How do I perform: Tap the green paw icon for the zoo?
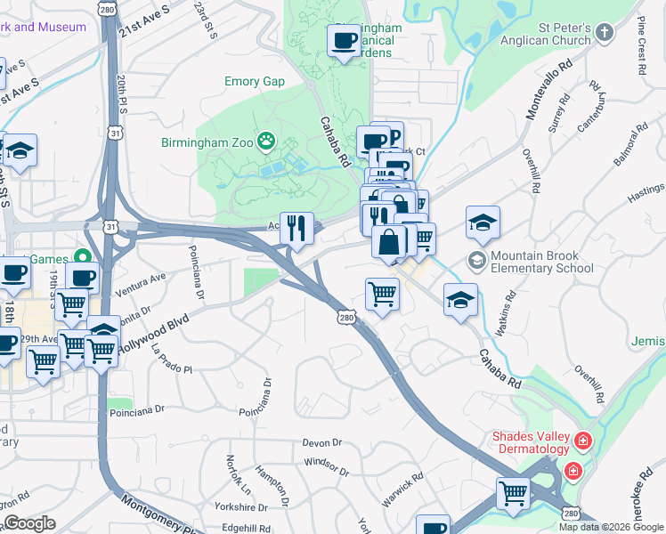[x=265, y=141]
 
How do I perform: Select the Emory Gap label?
[x=254, y=82]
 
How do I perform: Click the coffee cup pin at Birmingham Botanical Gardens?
[x=344, y=40]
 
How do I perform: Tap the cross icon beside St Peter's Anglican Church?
[x=605, y=34]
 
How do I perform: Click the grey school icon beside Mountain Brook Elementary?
[x=477, y=260]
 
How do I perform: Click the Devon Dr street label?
[x=322, y=442]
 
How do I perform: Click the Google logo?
[x=29, y=523]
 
